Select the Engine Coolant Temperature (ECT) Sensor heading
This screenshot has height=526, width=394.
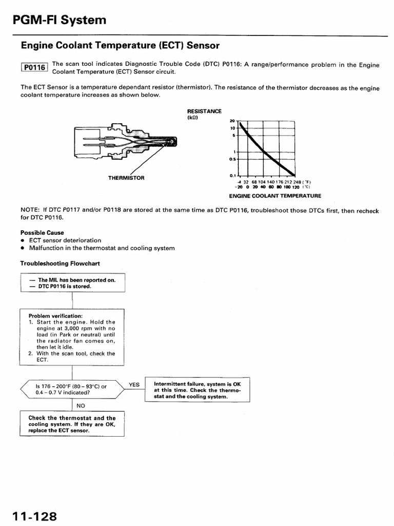pos(120,46)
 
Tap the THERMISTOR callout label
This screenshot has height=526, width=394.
pos(126,178)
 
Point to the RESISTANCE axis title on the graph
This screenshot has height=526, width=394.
pos(204,111)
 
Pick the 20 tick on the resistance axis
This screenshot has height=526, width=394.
pos(232,121)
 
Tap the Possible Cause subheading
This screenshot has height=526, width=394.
pos(42,233)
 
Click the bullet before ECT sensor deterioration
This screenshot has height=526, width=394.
pos(23,240)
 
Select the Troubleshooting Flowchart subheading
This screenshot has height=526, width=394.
pos(60,264)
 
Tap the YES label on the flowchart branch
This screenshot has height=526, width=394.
pos(134,384)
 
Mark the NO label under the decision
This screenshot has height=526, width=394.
pos(81,405)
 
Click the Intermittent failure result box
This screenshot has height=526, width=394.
pos(197,390)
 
